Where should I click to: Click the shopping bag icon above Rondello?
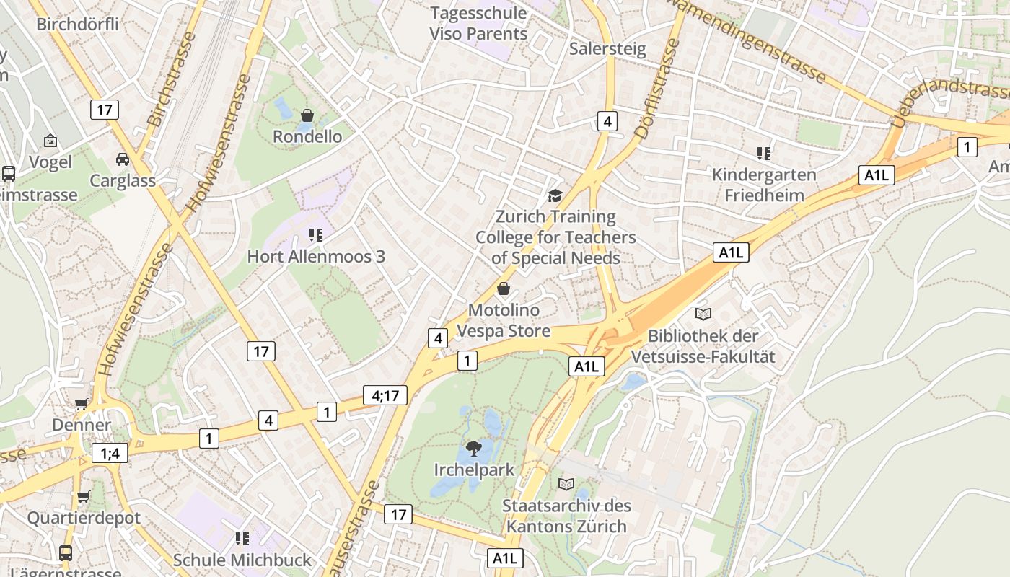coord(307,115)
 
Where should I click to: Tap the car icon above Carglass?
coord(123,159)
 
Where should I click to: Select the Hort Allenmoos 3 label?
coord(316,256)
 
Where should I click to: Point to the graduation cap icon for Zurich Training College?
coord(555,195)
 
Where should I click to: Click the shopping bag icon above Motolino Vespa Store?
coord(504,289)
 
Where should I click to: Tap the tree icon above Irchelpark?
coord(474,449)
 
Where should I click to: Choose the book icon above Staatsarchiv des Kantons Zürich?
coord(566,484)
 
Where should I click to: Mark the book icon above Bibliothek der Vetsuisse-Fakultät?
coord(703,314)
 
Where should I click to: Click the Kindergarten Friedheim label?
coord(764,185)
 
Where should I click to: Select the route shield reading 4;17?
coord(385,395)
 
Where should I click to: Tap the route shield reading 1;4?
coord(110,453)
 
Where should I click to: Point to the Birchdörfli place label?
coord(77,24)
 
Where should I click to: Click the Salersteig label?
coord(607,48)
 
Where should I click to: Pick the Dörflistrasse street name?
coord(657,89)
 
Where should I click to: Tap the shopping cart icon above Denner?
coord(81,405)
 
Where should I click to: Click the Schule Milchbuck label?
coord(242,560)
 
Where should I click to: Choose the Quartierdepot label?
coord(84,518)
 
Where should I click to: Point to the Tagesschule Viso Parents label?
coord(479,23)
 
